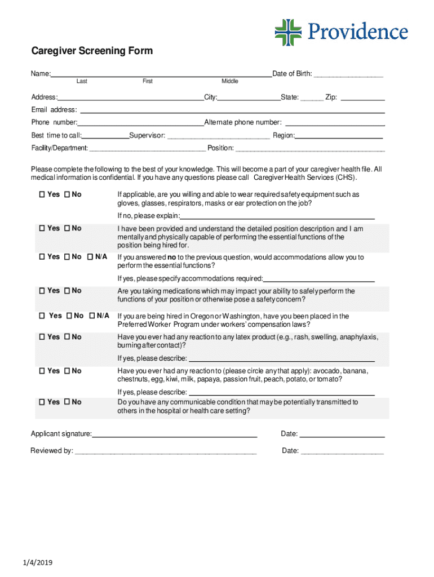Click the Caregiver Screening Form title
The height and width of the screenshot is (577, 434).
91,51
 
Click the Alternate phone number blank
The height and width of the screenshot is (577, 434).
336,123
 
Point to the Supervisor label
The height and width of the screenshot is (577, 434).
148,136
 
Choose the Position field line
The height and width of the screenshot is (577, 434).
310,149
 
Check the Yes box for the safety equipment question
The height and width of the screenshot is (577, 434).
42,194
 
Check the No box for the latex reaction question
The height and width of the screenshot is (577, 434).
67,337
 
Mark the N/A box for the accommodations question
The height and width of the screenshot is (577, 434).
91,257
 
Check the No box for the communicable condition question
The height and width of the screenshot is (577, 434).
67,402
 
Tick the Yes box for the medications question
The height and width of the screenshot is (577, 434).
42,291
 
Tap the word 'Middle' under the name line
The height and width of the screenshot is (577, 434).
230,82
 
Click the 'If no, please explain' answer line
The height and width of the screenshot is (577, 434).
277,216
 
